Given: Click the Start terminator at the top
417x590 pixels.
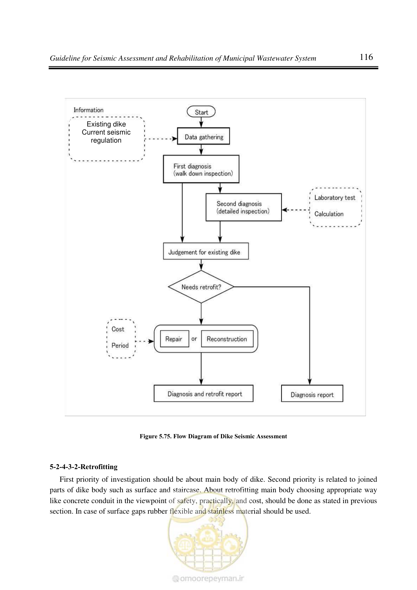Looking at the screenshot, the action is (201, 112).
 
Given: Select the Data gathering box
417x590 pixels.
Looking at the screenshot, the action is (203, 136).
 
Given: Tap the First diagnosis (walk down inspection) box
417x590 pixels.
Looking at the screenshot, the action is (201, 169).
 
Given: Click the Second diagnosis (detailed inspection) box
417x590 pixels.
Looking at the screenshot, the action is (244, 207).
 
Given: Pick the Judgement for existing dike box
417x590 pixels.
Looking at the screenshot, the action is (206, 251).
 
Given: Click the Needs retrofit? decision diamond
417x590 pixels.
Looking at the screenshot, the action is (201, 287).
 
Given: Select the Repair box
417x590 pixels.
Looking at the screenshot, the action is (174, 339).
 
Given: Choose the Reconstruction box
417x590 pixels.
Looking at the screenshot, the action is (227, 339).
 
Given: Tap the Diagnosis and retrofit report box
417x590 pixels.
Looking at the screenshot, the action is (203, 393).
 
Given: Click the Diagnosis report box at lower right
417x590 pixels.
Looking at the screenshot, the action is (312, 393).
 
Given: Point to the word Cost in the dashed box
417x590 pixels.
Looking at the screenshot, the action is (118, 329).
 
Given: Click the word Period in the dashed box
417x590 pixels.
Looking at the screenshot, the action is (120, 345).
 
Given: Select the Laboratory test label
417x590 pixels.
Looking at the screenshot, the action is (335, 198).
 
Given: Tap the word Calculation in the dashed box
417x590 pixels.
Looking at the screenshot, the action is (329, 214).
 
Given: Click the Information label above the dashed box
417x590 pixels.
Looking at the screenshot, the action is (89, 110).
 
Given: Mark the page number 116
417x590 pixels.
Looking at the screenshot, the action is (366, 57).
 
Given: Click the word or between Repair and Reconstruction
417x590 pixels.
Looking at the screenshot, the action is (194, 339).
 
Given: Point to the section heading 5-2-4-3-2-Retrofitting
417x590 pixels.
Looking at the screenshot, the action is (84, 467).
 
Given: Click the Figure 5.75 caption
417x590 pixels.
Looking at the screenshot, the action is (213, 436).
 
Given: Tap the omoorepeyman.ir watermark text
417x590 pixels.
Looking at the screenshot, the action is (208, 578).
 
